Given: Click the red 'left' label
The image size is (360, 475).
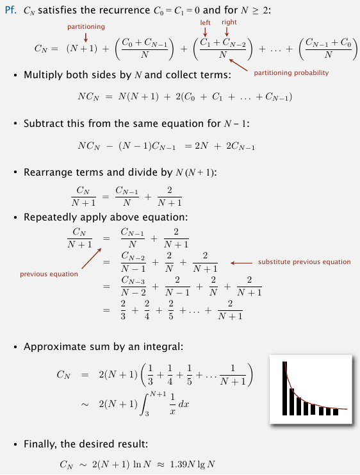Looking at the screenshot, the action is [x=205, y=22].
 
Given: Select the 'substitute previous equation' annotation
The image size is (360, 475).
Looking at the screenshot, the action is [x=304, y=262].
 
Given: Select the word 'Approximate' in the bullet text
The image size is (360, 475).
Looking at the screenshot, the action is [x=54, y=347].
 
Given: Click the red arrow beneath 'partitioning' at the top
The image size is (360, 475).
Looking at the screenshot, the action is [x=85, y=37].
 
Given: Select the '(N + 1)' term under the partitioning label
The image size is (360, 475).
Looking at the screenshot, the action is [x=81, y=47].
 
